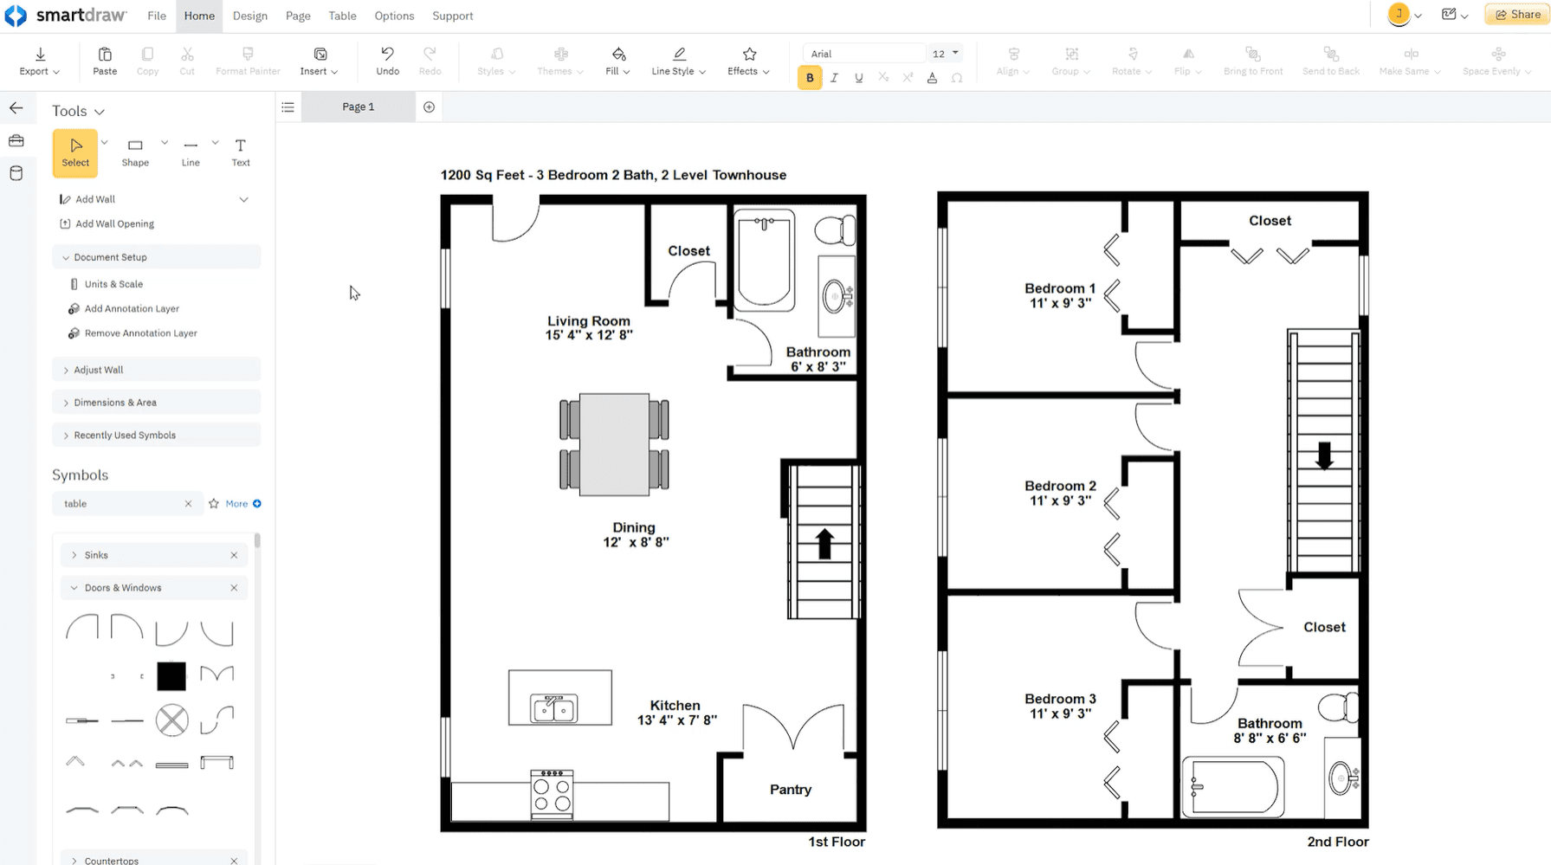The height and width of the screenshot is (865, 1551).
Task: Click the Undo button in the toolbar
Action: click(x=387, y=61)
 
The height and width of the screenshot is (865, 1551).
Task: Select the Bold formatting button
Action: click(x=810, y=78)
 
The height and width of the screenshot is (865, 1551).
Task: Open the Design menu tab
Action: click(x=249, y=16)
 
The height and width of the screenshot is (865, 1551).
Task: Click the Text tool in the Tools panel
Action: click(x=241, y=152)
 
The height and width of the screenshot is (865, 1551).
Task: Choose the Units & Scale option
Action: click(x=113, y=284)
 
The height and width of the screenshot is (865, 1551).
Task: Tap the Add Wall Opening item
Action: click(x=114, y=223)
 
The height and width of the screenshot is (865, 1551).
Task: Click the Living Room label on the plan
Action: click(x=588, y=321)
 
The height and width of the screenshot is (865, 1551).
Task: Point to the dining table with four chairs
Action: click(x=614, y=444)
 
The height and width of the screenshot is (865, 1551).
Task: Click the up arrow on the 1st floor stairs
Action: click(x=824, y=544)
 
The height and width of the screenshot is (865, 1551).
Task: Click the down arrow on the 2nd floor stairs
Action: click(x=1324, y=455)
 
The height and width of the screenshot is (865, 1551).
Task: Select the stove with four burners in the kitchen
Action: click(x=552, y=794)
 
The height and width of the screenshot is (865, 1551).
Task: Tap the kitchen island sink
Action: click(x=554, y=708)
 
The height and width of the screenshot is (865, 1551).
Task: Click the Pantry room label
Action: click(x=790, y=790)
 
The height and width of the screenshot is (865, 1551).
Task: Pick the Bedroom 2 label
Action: click(x=1060, y=487)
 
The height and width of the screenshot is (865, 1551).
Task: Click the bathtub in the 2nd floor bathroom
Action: click(x=1234, y=787)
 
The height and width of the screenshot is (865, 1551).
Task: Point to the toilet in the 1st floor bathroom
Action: click(x=835, y=230)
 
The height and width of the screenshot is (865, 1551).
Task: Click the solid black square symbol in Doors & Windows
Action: click(x=171, y=676)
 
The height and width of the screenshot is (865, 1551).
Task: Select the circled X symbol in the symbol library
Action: click(x=171, y=720)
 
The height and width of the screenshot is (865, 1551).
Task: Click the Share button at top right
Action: click(x=1517, y=15)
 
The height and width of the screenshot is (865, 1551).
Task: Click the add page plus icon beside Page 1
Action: click(x=429, y=107)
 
